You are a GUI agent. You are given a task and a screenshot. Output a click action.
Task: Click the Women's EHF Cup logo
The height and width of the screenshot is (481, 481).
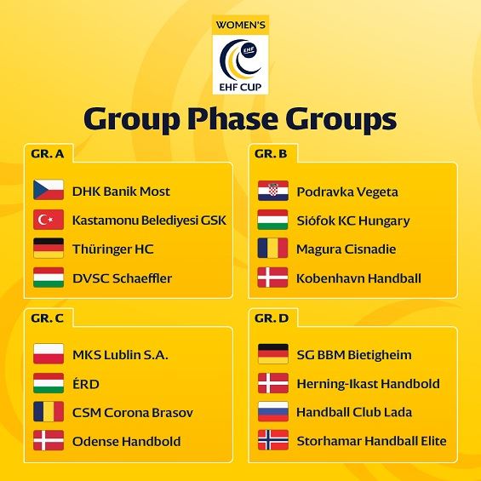[240, 54]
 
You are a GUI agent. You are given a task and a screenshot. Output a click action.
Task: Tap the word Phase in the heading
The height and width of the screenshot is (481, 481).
[232, 119]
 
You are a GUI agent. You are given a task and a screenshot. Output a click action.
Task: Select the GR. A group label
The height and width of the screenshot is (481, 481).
[48, 154]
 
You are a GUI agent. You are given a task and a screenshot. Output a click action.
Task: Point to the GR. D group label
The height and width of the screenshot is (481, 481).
[272, 318]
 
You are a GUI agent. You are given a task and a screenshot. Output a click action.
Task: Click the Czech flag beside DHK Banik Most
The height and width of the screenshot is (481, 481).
[49, 190]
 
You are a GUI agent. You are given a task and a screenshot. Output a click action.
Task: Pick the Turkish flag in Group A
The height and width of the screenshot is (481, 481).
[49, 220]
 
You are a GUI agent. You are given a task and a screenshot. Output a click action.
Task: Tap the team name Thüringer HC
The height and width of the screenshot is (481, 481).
[113, 249]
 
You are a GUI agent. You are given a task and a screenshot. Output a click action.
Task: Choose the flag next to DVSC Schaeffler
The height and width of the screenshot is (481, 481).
[49, 278]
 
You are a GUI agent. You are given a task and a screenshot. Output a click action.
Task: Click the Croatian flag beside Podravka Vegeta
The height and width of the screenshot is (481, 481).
[273, 191]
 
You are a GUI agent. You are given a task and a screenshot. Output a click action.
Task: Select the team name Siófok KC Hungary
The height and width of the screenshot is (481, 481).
[353, 220]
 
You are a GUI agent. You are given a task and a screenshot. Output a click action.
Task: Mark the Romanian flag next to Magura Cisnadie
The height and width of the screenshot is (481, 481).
[272, 248]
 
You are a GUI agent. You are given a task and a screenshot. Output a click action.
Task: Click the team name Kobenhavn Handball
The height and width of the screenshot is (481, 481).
[358, 278]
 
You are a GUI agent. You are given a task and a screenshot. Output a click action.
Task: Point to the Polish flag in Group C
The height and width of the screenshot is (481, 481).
[49, 353]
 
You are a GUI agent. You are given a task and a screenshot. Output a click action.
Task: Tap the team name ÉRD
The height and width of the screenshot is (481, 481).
[86, 384]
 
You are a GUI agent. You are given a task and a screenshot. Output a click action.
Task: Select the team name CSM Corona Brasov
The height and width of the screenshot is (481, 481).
[133, 413]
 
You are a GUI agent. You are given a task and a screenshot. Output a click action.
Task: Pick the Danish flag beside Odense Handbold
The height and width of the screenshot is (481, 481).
[49, 440]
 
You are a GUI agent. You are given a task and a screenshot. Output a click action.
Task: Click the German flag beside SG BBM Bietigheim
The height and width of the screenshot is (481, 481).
[273, 353]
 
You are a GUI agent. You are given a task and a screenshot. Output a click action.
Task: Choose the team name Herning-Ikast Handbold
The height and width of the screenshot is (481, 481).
[368, 384]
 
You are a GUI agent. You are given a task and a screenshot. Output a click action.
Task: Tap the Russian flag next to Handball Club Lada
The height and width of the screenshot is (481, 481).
[273, 411]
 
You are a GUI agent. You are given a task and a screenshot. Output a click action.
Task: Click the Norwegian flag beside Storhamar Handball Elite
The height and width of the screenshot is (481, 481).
[273, 440]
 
